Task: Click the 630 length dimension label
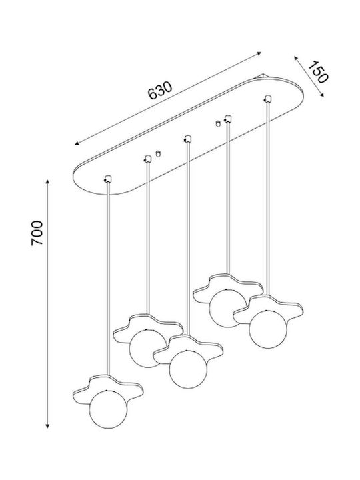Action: tap(161, 91)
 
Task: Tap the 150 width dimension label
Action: tap(318, 72)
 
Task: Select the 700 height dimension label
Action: tap(37, 233)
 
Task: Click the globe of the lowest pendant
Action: tap(108, 409)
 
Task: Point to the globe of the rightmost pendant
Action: tap(268, 329)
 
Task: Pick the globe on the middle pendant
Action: tap(188, 369)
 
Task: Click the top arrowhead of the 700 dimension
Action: tap(47, 182)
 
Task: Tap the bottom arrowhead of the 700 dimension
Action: tap(47, 426)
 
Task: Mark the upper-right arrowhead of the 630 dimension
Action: tap(259, 53)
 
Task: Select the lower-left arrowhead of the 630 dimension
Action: tap(77, 143)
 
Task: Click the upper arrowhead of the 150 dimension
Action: tap(296, 58)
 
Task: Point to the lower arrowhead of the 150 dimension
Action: tap(322, 95)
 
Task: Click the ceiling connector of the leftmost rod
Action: tap(108, 179)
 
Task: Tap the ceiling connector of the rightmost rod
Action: tap(268, 99)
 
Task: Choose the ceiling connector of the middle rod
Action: tap(187, 139)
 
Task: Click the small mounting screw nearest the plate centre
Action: tap(158, 153)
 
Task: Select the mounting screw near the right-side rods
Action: tap(217, 123)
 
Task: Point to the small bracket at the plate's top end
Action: tap(263, 75)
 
